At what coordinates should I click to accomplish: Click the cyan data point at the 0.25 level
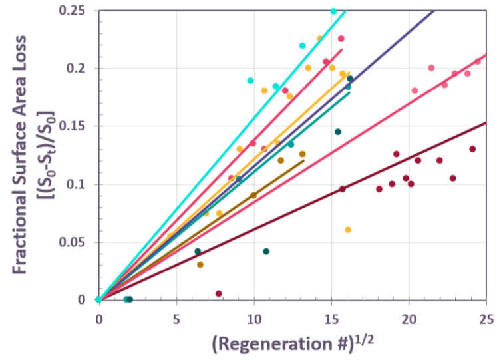click(x=334, y=11)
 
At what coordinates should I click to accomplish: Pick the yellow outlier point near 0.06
click(x=348, y=230)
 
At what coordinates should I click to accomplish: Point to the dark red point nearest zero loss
click(x=219, y=293)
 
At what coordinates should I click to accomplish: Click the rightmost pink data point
click(x=477, y=61)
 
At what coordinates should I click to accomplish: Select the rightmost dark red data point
click(x=472, y=149)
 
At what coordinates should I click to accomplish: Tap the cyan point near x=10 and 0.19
click(x=250, y=81)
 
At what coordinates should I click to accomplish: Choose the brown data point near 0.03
click(x=200, y=264)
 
